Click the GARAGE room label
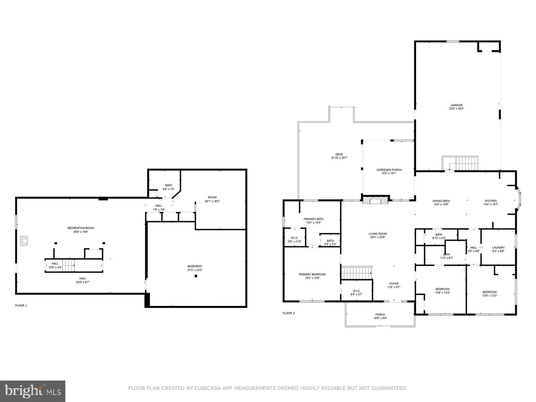pyautogui.click(x=456, y=105)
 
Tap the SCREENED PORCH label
pyautogui.click(x=389, y=170)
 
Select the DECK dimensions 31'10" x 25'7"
pyautogui.click(x=339, y=158)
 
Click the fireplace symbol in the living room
pyautogui.click(x=376, y=201)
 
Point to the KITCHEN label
pyautogui.click(x=490, y=201)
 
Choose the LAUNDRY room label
pyautogui.click(x=498, y=248)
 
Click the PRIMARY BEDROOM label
pyautogui.click(x=312, y=274)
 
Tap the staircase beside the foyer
pyautogui.click(x=357, y=272)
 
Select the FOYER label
pyautogui.click(x=393, y=284)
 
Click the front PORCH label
pyautogui.click(x=380, y=315)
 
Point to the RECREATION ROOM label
pyautogui.click(x=80, y=228)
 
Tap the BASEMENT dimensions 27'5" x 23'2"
pyautogui.click(x=195, y=270)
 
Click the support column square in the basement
pyautogui.click(x=196, y=276)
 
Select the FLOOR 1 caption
pyautogui.click(x=21, y=306)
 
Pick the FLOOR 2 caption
pyautogui.click(x=288, y=313)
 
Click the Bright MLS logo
pyautogui.click(x=32, y=391)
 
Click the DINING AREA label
pyautogui.click(x=441, y=201)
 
